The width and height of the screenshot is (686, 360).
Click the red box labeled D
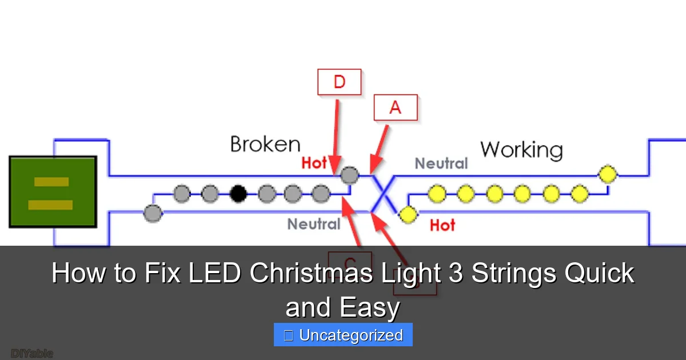(339, 82)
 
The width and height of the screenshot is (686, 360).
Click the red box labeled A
(396, 107)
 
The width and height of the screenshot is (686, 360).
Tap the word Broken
(265, 144)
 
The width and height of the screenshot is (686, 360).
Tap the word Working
(521, 150)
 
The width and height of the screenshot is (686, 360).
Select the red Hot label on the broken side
(314, 163)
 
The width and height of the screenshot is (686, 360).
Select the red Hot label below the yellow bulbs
(442, 225)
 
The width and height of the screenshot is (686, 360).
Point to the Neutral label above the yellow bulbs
(441, 164)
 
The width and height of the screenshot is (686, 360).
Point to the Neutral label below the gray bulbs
(314, 224)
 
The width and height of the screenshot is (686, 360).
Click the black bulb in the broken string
(238, 194)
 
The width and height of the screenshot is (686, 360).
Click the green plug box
(53, 192)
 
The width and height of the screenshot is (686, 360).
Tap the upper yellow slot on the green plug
(51, 182)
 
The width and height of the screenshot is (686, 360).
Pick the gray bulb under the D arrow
(350, 174)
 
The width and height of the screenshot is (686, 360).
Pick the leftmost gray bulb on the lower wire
(153, 214)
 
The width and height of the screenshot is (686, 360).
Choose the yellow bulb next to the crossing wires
(408, 214)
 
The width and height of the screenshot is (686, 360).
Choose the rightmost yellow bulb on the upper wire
(607, 174)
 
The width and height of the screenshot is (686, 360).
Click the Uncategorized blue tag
(343, 335)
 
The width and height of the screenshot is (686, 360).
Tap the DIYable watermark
(32, 354)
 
